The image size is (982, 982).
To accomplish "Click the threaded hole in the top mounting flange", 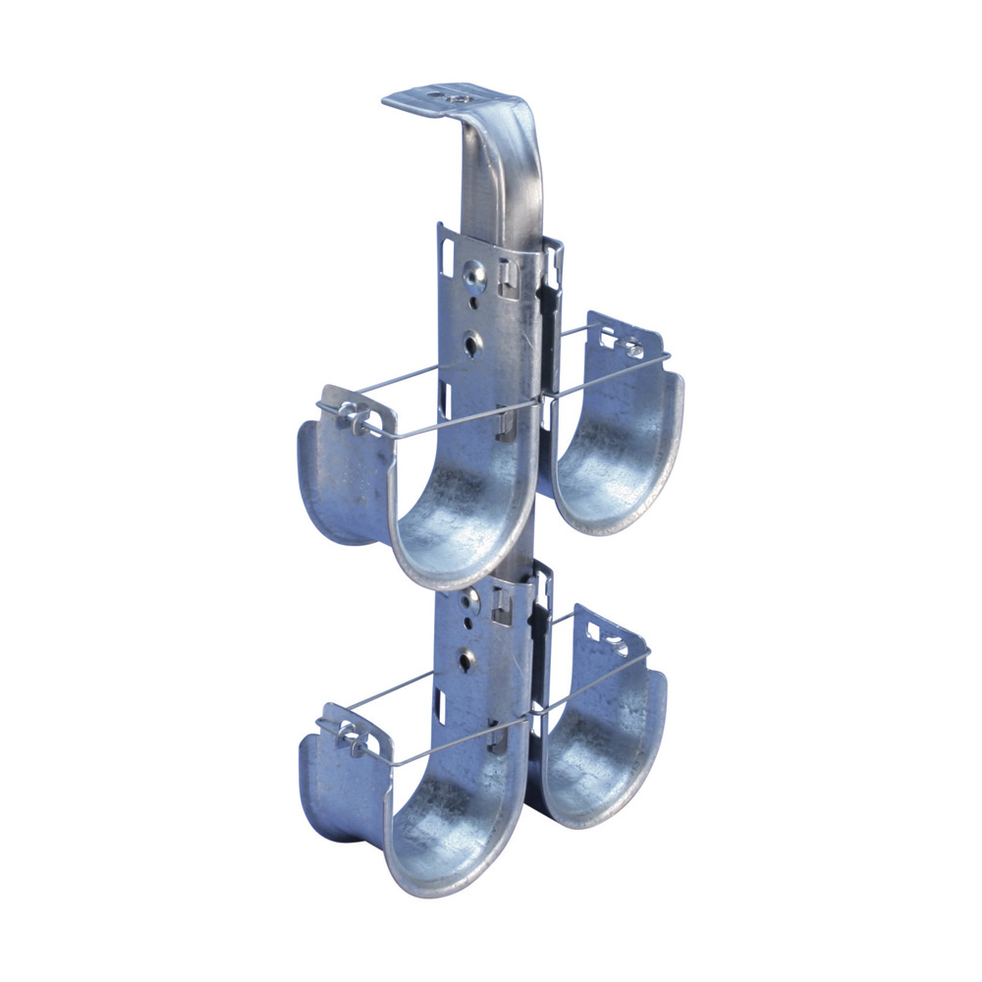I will point(455,97).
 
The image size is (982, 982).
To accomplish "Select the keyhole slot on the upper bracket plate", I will point(473,344).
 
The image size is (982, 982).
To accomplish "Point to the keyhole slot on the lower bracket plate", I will point(467,659).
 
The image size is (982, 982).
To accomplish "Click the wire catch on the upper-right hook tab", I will point(628,346).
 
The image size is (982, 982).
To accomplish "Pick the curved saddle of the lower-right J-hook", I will point(599,766).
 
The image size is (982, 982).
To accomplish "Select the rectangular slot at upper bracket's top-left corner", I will point(448,253).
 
